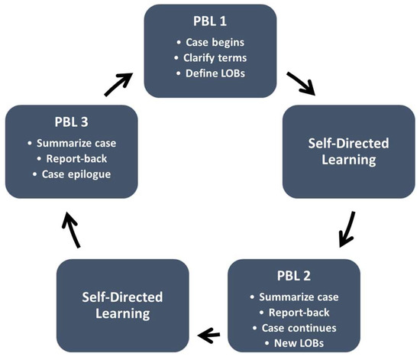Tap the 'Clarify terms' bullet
216,60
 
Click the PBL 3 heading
70,123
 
